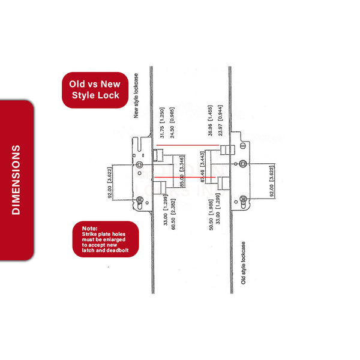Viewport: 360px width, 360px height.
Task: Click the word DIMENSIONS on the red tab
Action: [x=16, y=179]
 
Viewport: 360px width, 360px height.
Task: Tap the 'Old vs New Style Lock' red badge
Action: [x=95, y=89]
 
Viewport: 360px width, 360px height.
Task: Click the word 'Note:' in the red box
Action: [x=90, y=229]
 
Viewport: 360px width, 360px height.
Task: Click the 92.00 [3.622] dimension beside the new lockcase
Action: [x=110, y=184]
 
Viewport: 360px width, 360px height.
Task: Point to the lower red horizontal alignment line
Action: [x=190, y=178]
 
